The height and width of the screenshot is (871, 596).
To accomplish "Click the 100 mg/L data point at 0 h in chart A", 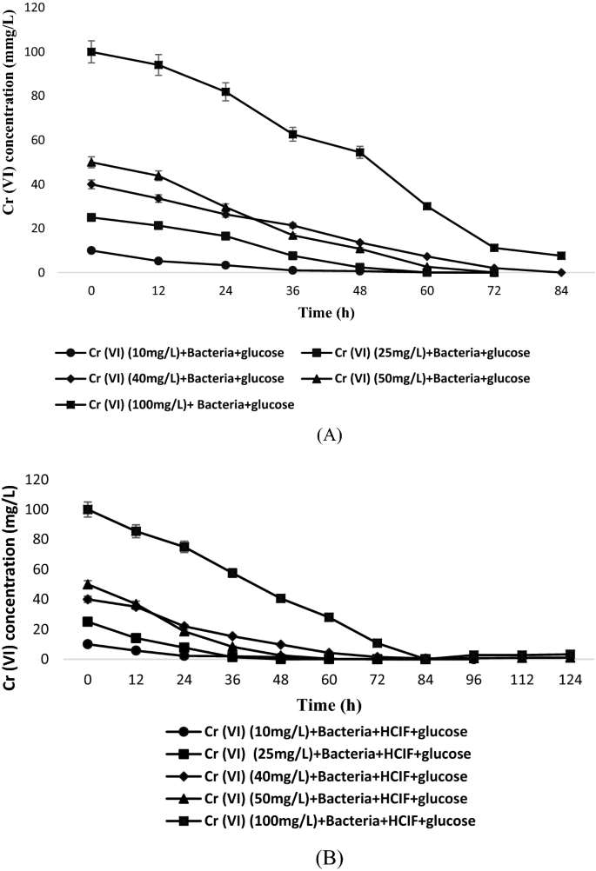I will click(91, 51).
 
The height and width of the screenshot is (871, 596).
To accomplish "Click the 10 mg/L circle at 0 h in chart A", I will click(91, 250).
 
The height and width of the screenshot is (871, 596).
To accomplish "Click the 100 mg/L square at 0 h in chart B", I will click(87, 509).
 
